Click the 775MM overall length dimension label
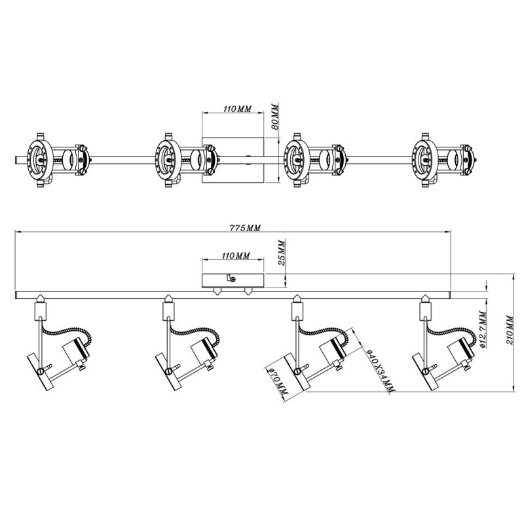(x=246, y=228)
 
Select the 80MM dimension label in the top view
(x=276, y=117)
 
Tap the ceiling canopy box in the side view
(x=233, y=280)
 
